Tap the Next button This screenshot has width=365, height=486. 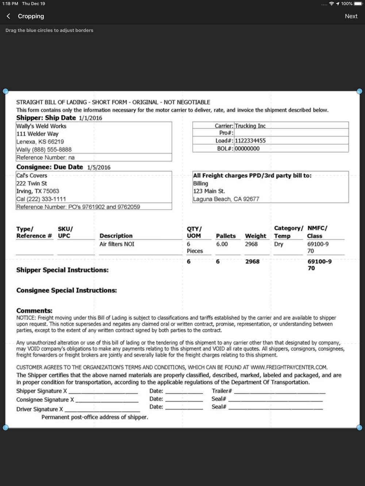(x=351, y=16)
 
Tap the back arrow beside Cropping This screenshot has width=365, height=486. (x=8, y=16)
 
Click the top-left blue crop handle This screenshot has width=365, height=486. (x=5, y=91)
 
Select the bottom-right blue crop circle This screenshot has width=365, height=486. (x=360, y=428)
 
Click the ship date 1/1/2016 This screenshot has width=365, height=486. (x=90, y=118)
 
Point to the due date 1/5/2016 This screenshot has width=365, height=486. (x=99, y=168)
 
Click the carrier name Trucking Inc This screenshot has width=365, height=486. (x=250, y=126)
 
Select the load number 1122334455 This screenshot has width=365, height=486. (x=250, y=141)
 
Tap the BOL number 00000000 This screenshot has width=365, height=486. (x=247, y=149)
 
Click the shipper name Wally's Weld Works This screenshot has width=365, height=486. (x=41, y=126)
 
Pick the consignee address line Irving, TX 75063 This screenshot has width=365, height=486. (x=38, y=191)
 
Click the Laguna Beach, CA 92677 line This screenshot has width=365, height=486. (x=226, y=199)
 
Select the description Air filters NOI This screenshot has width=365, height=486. (x=117, y=244)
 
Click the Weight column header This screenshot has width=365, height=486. (x=255, y=236)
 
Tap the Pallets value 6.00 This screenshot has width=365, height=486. (x=222, y=244)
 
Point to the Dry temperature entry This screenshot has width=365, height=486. (x=278, y=244)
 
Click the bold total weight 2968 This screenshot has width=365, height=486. (x=252, y=262)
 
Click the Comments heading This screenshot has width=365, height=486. (x=34, y=311)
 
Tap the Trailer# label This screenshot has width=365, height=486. (x=222, y=391)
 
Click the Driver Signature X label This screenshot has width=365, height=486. (x=39, y=409)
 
